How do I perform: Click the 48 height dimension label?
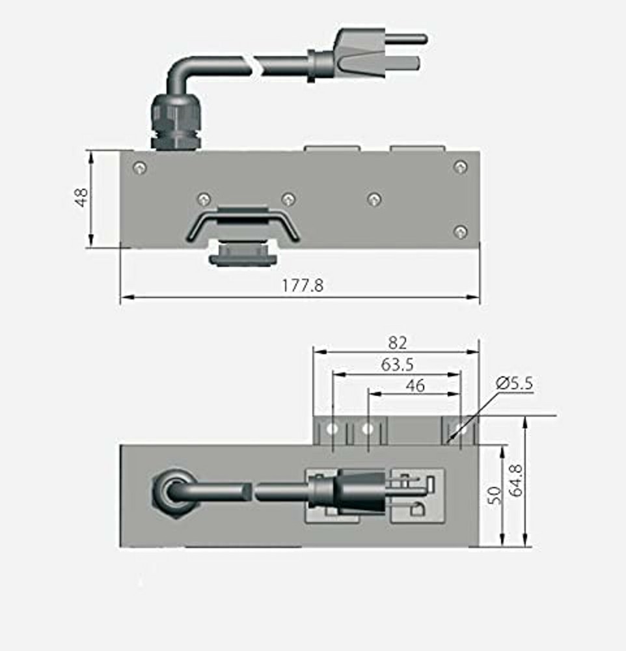(81, 197)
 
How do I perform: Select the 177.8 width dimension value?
(302, 285)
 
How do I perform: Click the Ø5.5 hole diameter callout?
(514, 383)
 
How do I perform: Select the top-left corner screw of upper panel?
(139, 167)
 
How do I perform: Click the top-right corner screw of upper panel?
(460, 167)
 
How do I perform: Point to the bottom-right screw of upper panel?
(460, 231)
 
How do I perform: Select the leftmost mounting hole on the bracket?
(333, 429)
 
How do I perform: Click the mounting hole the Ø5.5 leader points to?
(461, 429)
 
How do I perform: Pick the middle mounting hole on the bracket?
(368, 429)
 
